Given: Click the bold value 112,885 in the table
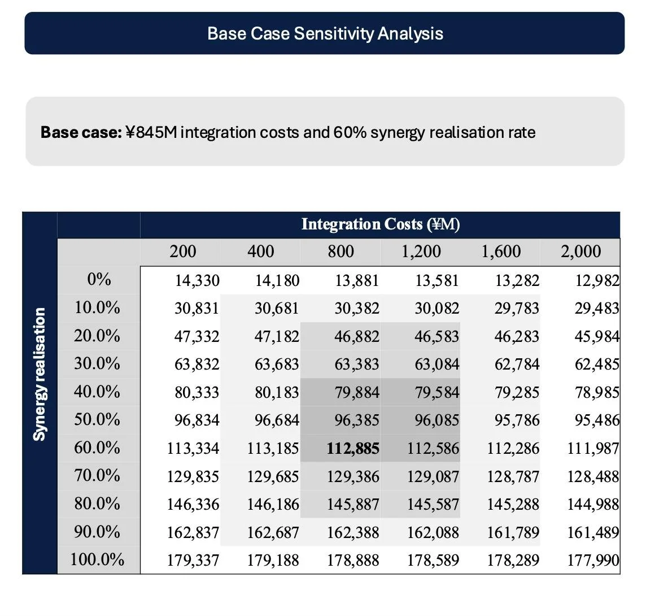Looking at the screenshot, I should click(x=353, y=449).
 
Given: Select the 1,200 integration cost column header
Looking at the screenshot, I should click(x=421, y=251).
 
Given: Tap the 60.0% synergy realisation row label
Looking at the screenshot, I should click(x=97, y=448).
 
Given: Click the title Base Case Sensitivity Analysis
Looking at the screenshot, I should click(x=325, y=33).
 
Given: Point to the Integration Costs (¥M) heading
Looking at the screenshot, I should click(x=380, y=224).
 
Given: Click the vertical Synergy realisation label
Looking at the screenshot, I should click(x=39, y=374).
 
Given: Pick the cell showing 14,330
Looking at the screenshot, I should click(x=197, y=280).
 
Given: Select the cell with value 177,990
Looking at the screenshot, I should click(x=593, y=560).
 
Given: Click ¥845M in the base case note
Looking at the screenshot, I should click(x=151, y=132).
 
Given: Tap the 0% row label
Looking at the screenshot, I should click(x=99, y=279).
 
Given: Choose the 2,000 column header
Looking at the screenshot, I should click(x=580, y=251).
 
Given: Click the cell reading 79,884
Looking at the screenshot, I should click(x=357, y=392).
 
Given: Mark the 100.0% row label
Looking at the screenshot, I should click(x=97, y=559).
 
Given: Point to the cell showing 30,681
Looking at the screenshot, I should click(x=277, y=309).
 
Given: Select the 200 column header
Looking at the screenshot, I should click(x=183, y=251).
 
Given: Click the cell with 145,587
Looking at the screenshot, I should click(x=433, y=504).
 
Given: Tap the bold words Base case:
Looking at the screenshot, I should click(x=81, y=132).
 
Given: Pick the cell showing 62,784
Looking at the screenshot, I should click(x=517, y=365).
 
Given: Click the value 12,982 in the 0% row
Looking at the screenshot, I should click(x=597, y=280).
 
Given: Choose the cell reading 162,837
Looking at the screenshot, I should click(x=193, y=532).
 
